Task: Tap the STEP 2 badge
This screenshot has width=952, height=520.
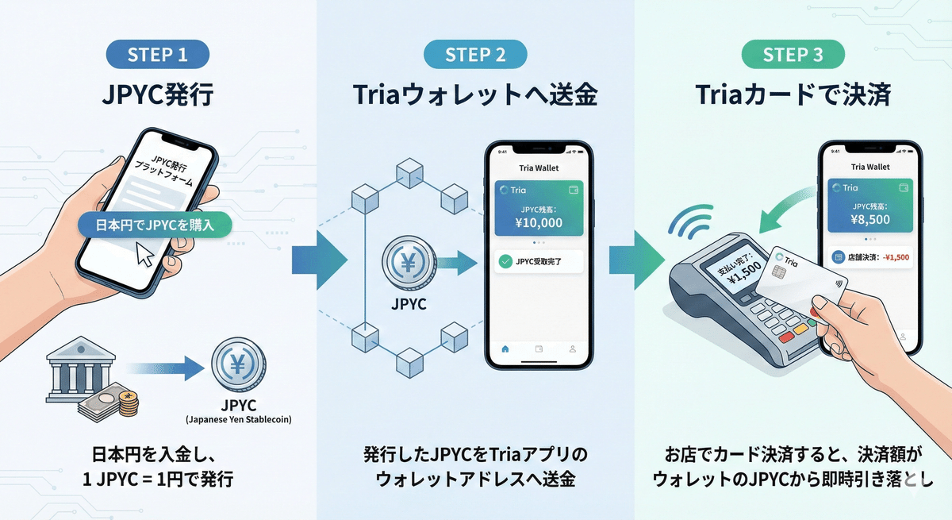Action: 475,55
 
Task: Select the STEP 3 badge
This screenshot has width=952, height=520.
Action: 793,55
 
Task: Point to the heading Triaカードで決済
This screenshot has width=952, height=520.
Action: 793,96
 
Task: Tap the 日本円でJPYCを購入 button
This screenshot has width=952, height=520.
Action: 156,224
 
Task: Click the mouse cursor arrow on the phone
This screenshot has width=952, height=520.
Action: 144,254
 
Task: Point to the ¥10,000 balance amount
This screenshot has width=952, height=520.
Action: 539,222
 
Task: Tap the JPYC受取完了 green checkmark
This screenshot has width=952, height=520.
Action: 505,260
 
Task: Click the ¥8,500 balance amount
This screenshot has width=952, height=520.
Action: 869,219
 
